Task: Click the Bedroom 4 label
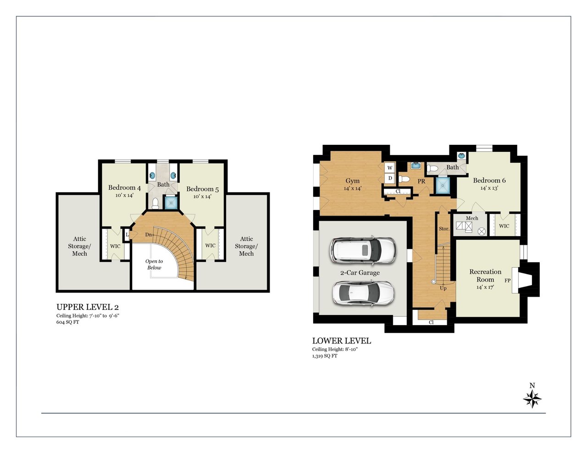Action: point(125,188)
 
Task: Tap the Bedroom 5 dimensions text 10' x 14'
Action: point(202,196)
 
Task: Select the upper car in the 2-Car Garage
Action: point(363,250)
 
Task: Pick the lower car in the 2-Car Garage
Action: point(363,293)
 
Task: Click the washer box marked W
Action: point(390,168)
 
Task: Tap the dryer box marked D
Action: point(390,178)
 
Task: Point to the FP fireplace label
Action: point(507,281)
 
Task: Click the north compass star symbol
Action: point(532,399)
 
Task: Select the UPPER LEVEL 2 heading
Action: point(88,307)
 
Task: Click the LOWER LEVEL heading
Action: point(342,341)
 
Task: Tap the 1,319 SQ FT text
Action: point(325,356)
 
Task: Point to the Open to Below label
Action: point(154,264)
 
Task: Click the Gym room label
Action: point(353,181)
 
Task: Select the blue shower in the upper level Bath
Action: point(171,203)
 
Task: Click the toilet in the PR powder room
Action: point(404,179)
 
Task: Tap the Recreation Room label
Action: point(485,276)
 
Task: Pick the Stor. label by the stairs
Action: point(444,229)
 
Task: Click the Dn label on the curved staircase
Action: point(149,235)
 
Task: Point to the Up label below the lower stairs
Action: point(443,288)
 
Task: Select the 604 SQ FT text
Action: point(67,322)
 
